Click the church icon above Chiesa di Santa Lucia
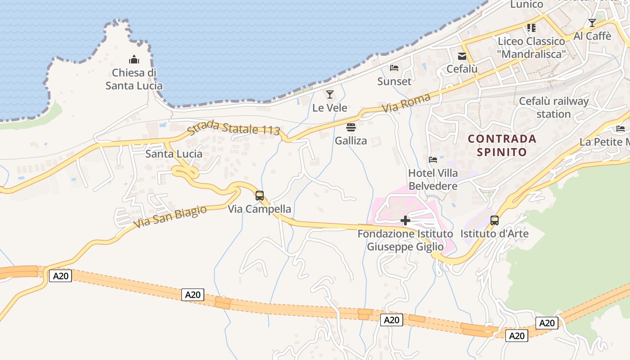134,59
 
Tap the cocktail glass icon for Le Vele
330,94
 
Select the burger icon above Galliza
351,127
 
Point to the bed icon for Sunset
394,68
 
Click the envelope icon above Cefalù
462,56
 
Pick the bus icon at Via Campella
260,196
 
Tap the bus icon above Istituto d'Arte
495,220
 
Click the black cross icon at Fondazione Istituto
405,220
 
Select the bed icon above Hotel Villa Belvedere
433,159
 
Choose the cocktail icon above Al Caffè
592,22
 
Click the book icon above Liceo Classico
531,28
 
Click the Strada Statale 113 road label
234,127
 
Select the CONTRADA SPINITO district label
502,145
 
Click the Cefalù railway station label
553,108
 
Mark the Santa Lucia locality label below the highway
174,154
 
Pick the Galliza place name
351,141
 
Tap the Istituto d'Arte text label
495,234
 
